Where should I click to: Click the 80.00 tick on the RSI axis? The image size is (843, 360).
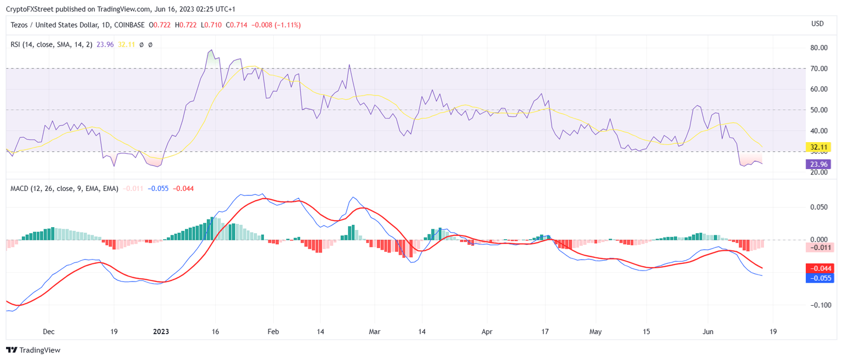[819, 48]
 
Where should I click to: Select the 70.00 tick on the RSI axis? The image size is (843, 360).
[819, 69]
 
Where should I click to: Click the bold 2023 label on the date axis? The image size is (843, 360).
[161, 331]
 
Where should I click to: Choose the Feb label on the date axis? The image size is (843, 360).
[273, 331]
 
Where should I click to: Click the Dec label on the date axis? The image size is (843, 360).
[48, 331]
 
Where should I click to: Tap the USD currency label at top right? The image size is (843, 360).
[817, 24]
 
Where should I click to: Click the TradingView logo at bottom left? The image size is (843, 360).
[33, 350]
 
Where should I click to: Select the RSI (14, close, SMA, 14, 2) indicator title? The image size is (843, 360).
[52, 44]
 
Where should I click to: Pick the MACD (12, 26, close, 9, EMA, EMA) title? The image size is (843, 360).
[64, 188]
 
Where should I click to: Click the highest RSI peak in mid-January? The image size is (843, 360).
[211, 50]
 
